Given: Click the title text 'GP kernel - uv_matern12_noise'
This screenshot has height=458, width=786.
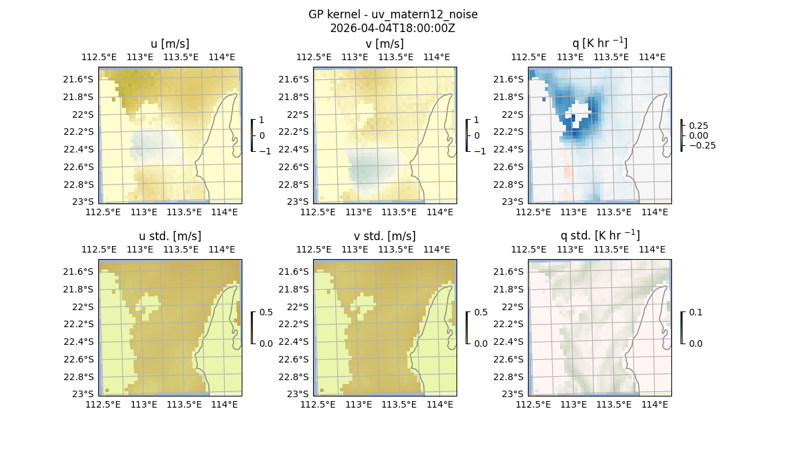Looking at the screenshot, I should [x=393, y=14].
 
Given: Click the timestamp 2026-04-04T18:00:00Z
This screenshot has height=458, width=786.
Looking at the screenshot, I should [x=393, y=28].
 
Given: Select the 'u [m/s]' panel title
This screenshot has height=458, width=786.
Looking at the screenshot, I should [x=170, y=44].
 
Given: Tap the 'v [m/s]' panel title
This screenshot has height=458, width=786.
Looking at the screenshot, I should [x=384, y=44].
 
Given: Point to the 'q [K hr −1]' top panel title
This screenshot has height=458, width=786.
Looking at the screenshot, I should [x=599, y=44].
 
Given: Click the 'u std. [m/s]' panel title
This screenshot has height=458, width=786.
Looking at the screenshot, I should [x=170, y=236].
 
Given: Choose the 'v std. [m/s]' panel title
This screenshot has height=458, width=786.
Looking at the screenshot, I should [x=384, y=236].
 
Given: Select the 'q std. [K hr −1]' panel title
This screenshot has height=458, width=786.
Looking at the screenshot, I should [x=599, y=236].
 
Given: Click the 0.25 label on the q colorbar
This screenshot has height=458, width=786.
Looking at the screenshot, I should [x=698, y=126].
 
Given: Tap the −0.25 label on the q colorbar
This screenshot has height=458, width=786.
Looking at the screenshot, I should [x=702, y=146].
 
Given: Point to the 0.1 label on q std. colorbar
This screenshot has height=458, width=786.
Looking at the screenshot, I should [x=695, y=313].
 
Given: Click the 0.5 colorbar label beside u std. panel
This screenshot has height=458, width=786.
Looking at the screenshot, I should [x=266, y=313].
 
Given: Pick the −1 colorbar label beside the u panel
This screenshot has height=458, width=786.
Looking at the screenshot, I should [x=265, y=150].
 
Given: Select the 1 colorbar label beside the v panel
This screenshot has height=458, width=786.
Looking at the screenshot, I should [x=476, y=120].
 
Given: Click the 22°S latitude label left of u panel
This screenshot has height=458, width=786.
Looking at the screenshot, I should [x=83, y=114].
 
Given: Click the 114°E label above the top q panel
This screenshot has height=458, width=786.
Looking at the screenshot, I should [x=652, y=57].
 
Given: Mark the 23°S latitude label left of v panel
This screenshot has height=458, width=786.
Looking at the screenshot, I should [x=297, y=202].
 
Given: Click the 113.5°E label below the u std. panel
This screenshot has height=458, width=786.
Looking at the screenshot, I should [x=184, y=404].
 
